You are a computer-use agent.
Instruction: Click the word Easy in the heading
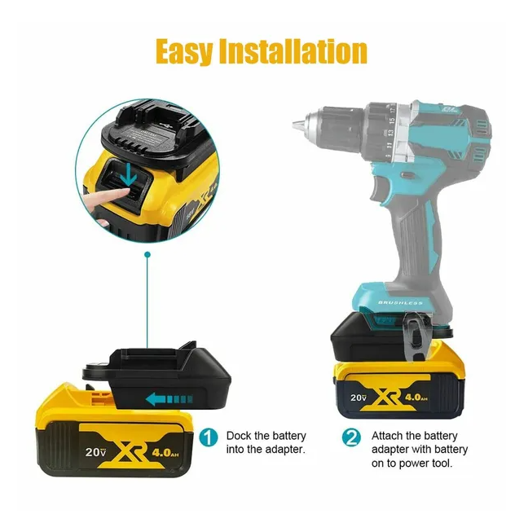pyautogui.click(x=184, y=51)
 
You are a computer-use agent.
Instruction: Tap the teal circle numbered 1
pyautogui.click(x=209, y=437)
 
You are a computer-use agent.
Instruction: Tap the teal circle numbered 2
pyautogui.click(x=351, y=437)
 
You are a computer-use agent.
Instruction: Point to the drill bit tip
pyautogui.click(x=294, y=125)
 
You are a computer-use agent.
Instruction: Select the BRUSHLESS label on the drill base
pyautogui.click(x=400, y=302)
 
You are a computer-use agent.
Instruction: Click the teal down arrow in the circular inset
pyautogui.click(x=129, y=176)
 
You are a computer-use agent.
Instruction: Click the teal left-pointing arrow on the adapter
pyautogui.click(x=169, y=399)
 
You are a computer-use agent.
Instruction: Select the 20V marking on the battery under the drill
pyautogui.click(x=359, y=398)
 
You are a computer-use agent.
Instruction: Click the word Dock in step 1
pyautogui.click(x=239, y=436)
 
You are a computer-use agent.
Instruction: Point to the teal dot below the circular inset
pyautogui.click(x=147, y=255)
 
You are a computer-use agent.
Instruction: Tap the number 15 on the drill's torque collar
pyautogui.click(x=392, y=120)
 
